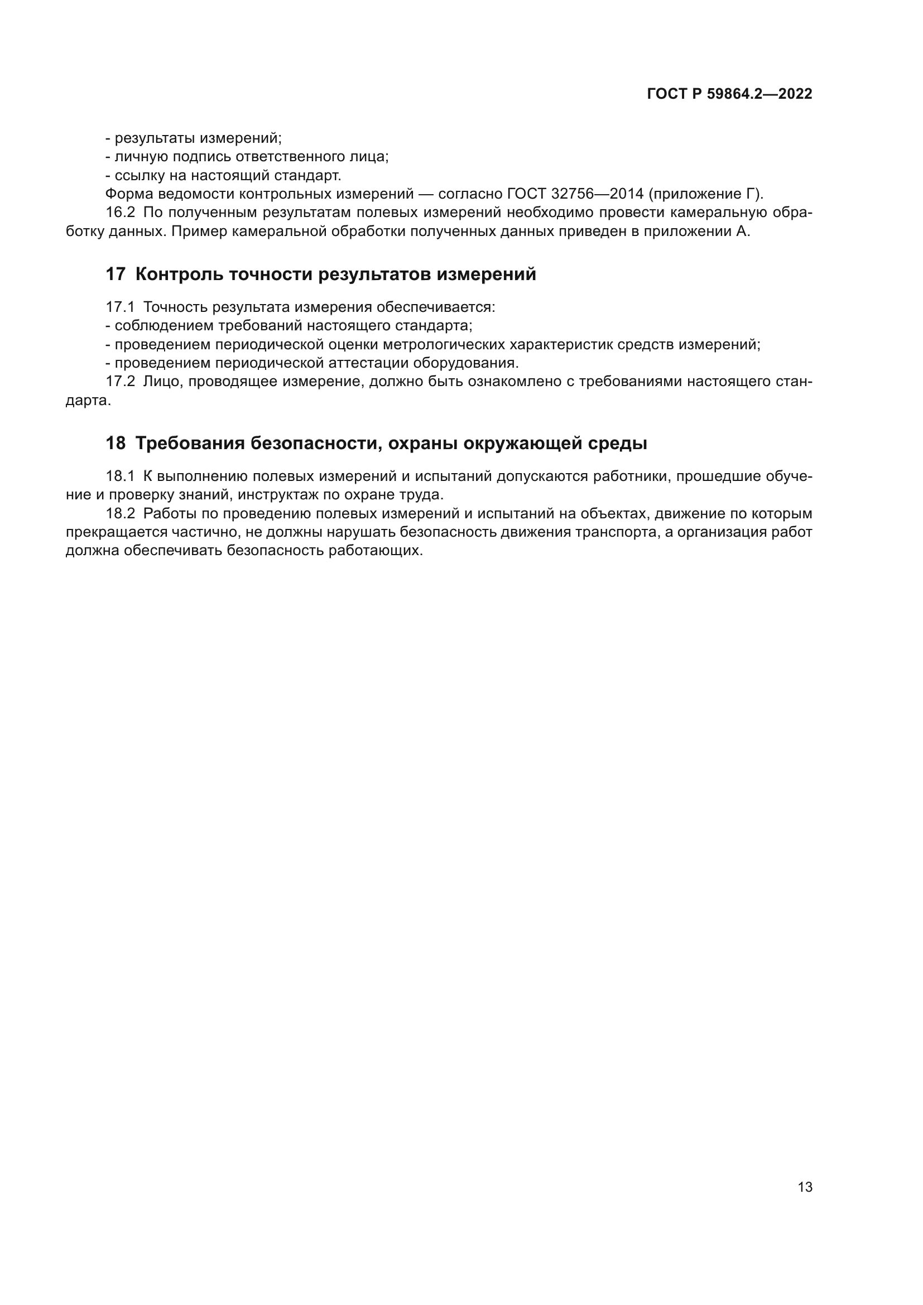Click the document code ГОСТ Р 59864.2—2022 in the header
pyautogui.click(x=729, y=94)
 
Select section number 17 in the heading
pyautogui.click(x=116, y=275)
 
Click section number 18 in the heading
pyautogui.click(x=116, y=444)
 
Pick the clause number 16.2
pyautogui.click(x=121, y=213)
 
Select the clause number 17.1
pyautogui.click(x=121, y=307)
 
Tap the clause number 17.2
pyautogui.click(x=121, y=382)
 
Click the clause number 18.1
pyautogui.click(x=121, y=476)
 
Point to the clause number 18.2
pyautogui.click(x=121, y=514)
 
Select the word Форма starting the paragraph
pyautogui.click(x=129, y=194)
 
